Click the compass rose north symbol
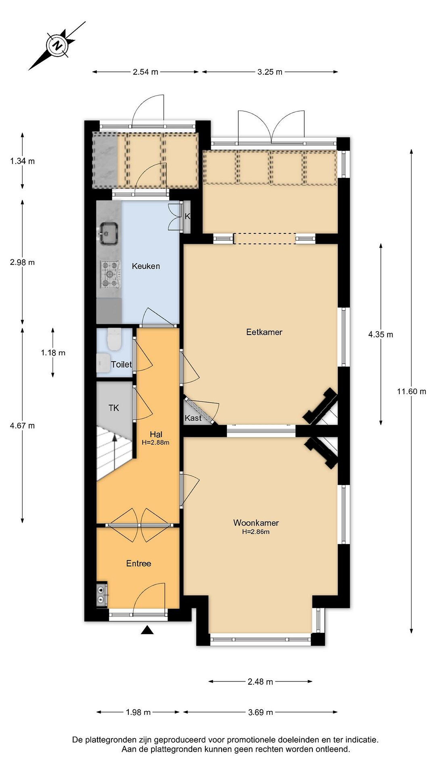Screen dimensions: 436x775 57,46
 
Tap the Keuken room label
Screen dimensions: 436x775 146,266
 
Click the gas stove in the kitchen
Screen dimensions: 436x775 110,274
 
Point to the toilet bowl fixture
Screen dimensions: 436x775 114,339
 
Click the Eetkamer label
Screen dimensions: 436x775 264,332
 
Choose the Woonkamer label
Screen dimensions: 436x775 256,523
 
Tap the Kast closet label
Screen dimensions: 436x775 193,418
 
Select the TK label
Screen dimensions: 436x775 114,408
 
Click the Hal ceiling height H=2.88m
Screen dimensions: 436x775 156,443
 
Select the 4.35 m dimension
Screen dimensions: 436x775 381,334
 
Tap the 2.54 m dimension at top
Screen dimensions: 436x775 145,72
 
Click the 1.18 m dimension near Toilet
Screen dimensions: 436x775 53,353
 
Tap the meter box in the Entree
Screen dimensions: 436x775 102,594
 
